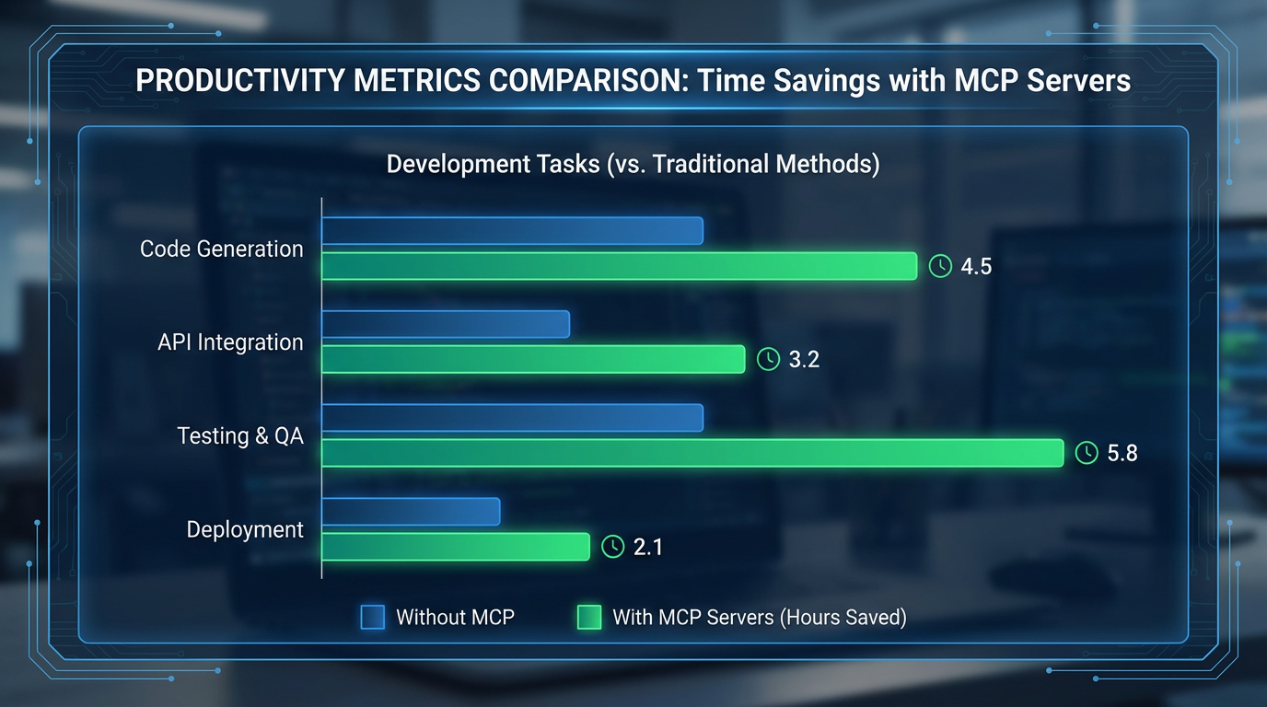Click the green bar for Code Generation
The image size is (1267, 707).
(x=619, y=266)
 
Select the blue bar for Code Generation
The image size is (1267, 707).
(x=512, y=231)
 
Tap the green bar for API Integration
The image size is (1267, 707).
(x=532, y=359)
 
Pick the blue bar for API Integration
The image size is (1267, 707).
(x=446, y=324)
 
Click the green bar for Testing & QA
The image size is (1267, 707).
(x=692, y=453)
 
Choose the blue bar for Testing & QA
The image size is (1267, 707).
(x=512, y=418)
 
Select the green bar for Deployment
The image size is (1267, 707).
(x=455, y=547)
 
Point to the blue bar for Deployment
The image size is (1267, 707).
(x=411, y=512)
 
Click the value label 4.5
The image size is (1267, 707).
(x=976, y=267)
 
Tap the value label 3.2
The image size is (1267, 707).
(x=804, y=360)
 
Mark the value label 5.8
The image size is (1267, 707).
(x=1122, y=453)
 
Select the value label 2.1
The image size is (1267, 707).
(x=648, y=547)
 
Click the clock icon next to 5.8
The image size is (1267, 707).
(x=1087, y=453)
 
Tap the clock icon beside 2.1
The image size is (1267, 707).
(x=612, y=547)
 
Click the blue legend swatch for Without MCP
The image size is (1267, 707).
(x=372, y=618)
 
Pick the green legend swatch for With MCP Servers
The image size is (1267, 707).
(x=588, y=618)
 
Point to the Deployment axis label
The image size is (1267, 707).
(x=245, y=530)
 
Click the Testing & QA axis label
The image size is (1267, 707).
(x=240, y=436)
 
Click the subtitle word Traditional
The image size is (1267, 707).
(x=713, y=165)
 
